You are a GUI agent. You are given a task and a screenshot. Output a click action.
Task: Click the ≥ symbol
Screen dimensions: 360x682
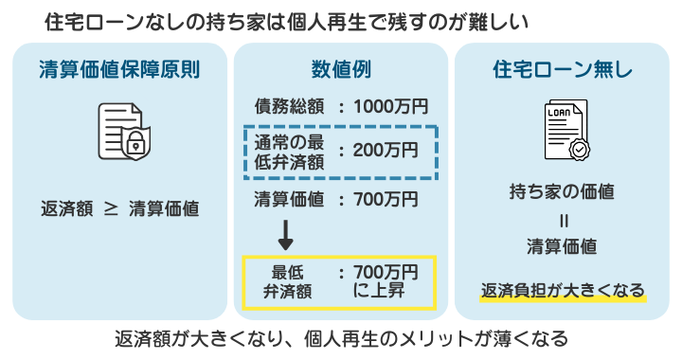tap(110, 207)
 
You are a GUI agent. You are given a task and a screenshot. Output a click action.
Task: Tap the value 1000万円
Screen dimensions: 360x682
tap(390, 106)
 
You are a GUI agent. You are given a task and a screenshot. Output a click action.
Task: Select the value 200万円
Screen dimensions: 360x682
tap(385, 150)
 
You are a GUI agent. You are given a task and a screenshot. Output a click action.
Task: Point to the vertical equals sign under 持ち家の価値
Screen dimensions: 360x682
tap(562, 220)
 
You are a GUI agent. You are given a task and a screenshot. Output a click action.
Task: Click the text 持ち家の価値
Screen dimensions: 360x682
tap(562, 192)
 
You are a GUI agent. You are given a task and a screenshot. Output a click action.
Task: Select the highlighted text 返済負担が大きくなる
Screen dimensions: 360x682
tap(563, 290)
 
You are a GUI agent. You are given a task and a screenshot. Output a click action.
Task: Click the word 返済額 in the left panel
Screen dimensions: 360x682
tap(67, 207)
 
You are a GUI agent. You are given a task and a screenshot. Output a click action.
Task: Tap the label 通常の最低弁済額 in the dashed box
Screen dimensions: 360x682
tap(289, 150)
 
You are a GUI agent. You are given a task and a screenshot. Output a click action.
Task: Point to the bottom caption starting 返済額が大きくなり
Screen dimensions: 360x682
tap(341, 338)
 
